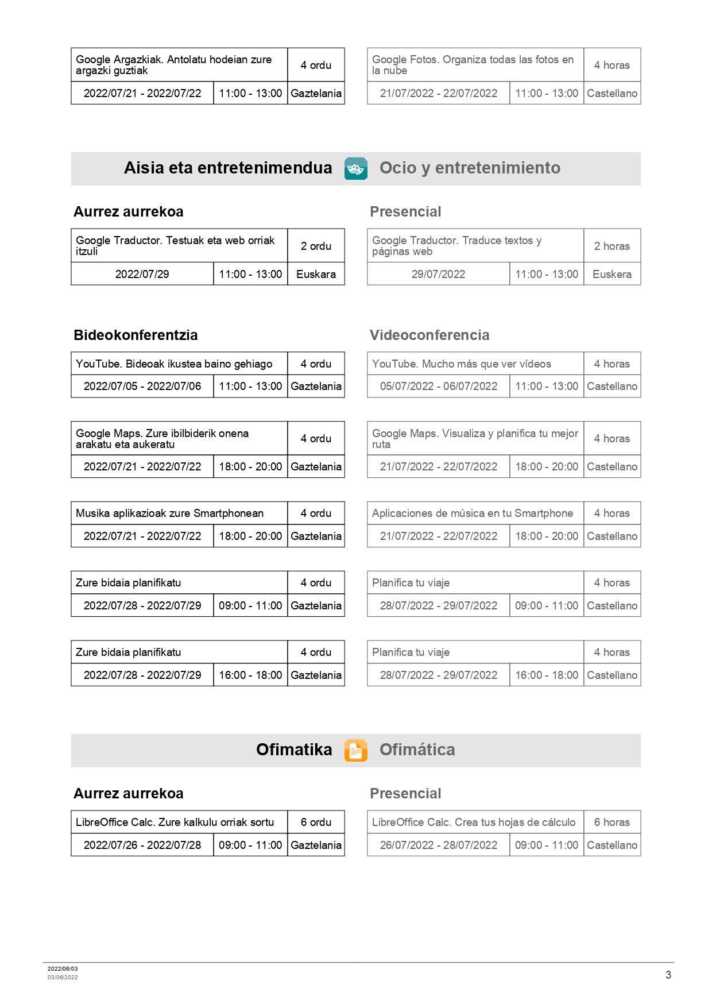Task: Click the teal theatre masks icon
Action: click(x=355, y=168)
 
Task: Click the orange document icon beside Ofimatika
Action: click(x=355, y=750)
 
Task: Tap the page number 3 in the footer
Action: click(x=668, y=975)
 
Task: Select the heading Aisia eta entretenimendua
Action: click(x=228, y=168)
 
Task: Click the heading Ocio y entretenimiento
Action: click(x=470, y=168)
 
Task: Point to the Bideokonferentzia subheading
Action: click(x=136, y=335)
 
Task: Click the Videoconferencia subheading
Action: click(x=429, y=335)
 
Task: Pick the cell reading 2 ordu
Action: click(x=316, y=246)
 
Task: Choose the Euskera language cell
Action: click(x=612, y=274)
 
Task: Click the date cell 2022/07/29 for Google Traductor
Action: click(x=142, y=274)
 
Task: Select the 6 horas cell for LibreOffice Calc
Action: click(x=612, y=822)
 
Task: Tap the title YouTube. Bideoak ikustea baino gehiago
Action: click(x=174, y=364)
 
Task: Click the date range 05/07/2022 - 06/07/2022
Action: click(x=438, y=386)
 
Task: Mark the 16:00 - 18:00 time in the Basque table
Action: click(x=250, y=675)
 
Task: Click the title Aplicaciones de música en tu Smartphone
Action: click(x=472, y=513)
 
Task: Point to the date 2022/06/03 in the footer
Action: click(x=63, y=968)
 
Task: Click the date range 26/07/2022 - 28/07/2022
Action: click(x=438, y=845)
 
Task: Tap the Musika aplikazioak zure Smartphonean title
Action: click(x=169, y=513)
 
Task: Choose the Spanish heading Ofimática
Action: click(x=417, y=750)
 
